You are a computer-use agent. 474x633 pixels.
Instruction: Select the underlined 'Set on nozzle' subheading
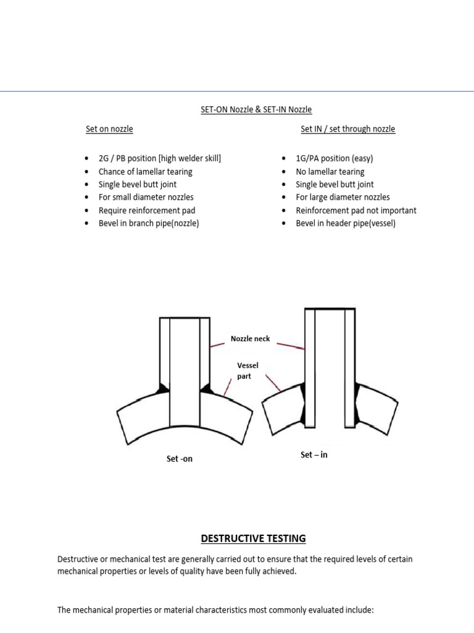[x=109, y=129]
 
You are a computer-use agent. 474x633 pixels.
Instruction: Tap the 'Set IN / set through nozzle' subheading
[x=347, y=129]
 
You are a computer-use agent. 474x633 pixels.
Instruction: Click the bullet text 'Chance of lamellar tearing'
[x=145, y=171]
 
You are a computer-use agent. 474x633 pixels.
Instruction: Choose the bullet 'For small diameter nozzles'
[x=146, y=197]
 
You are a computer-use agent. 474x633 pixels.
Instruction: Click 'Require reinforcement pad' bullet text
[x=146, y=210]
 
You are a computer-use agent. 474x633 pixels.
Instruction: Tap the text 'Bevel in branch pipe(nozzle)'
[x=149, y=223]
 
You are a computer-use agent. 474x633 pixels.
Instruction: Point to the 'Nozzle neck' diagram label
[x=250, y=339]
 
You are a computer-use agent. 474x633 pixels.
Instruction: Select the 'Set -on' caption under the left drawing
[x=179, y=459]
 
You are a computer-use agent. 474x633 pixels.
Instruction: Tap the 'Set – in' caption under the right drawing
[x=314, y=455]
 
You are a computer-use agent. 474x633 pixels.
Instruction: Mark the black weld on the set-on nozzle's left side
[x=163, y=389]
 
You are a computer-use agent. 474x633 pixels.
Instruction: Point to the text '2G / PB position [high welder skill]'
[x=159, y=158]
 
